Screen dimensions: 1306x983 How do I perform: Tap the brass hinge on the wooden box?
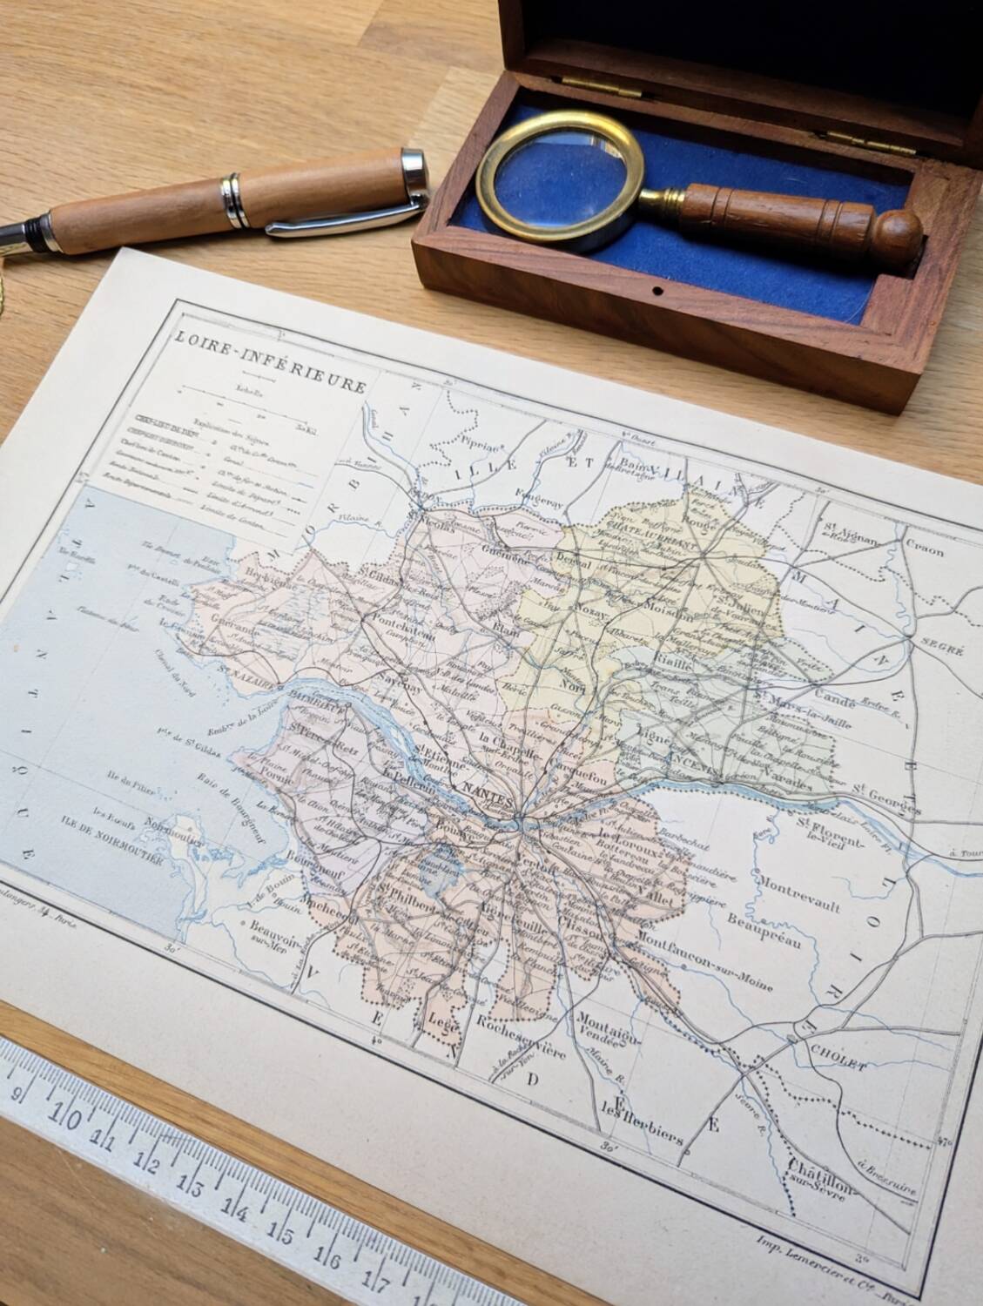tap(858, 138)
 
